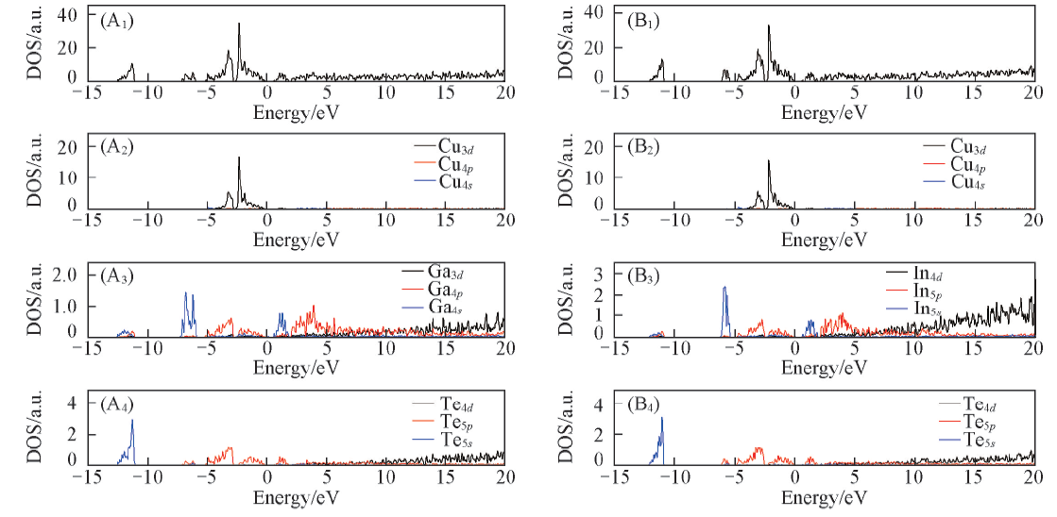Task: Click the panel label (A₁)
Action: pos(118,20)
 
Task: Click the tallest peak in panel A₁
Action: pos(239,25)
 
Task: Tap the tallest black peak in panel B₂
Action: pos(768,161)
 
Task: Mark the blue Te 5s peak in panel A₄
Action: pos(132,422)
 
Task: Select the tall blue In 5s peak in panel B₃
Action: pos(724,289)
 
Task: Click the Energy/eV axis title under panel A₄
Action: pos(296,497)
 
